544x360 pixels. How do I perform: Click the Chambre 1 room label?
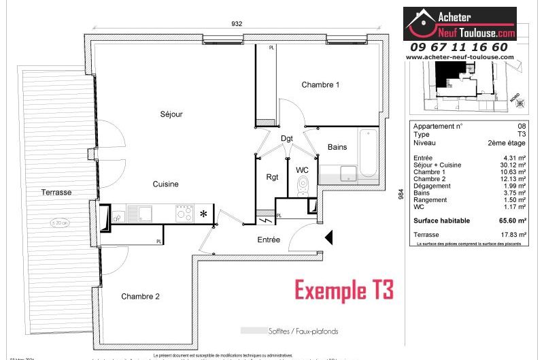point(320,85)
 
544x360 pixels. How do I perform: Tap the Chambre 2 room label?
point(141,297)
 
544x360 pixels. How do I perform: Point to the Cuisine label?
point(165,184)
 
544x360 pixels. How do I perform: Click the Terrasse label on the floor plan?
point(56,193)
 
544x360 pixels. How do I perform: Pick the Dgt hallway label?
point(287,139)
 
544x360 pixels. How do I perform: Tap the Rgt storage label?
point(273,177)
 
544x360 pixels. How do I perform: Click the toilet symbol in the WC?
point(303,185)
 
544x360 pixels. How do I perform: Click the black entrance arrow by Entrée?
point(328,238)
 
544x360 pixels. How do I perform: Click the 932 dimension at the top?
point(237,23)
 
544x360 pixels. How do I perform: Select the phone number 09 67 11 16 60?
point(459,47)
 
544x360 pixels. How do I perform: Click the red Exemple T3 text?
point(343,290)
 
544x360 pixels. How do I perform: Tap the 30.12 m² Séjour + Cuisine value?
point(512,165)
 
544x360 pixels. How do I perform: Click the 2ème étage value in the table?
point(506,144)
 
